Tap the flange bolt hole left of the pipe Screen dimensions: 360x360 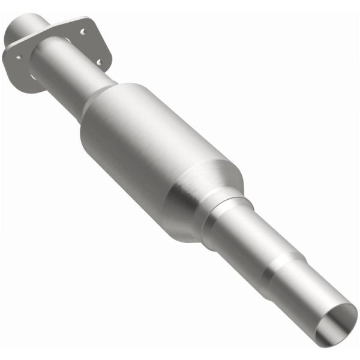pos(19,57)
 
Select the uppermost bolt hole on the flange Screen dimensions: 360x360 pos(83,31)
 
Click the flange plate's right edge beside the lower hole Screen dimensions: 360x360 pos(108,60)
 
